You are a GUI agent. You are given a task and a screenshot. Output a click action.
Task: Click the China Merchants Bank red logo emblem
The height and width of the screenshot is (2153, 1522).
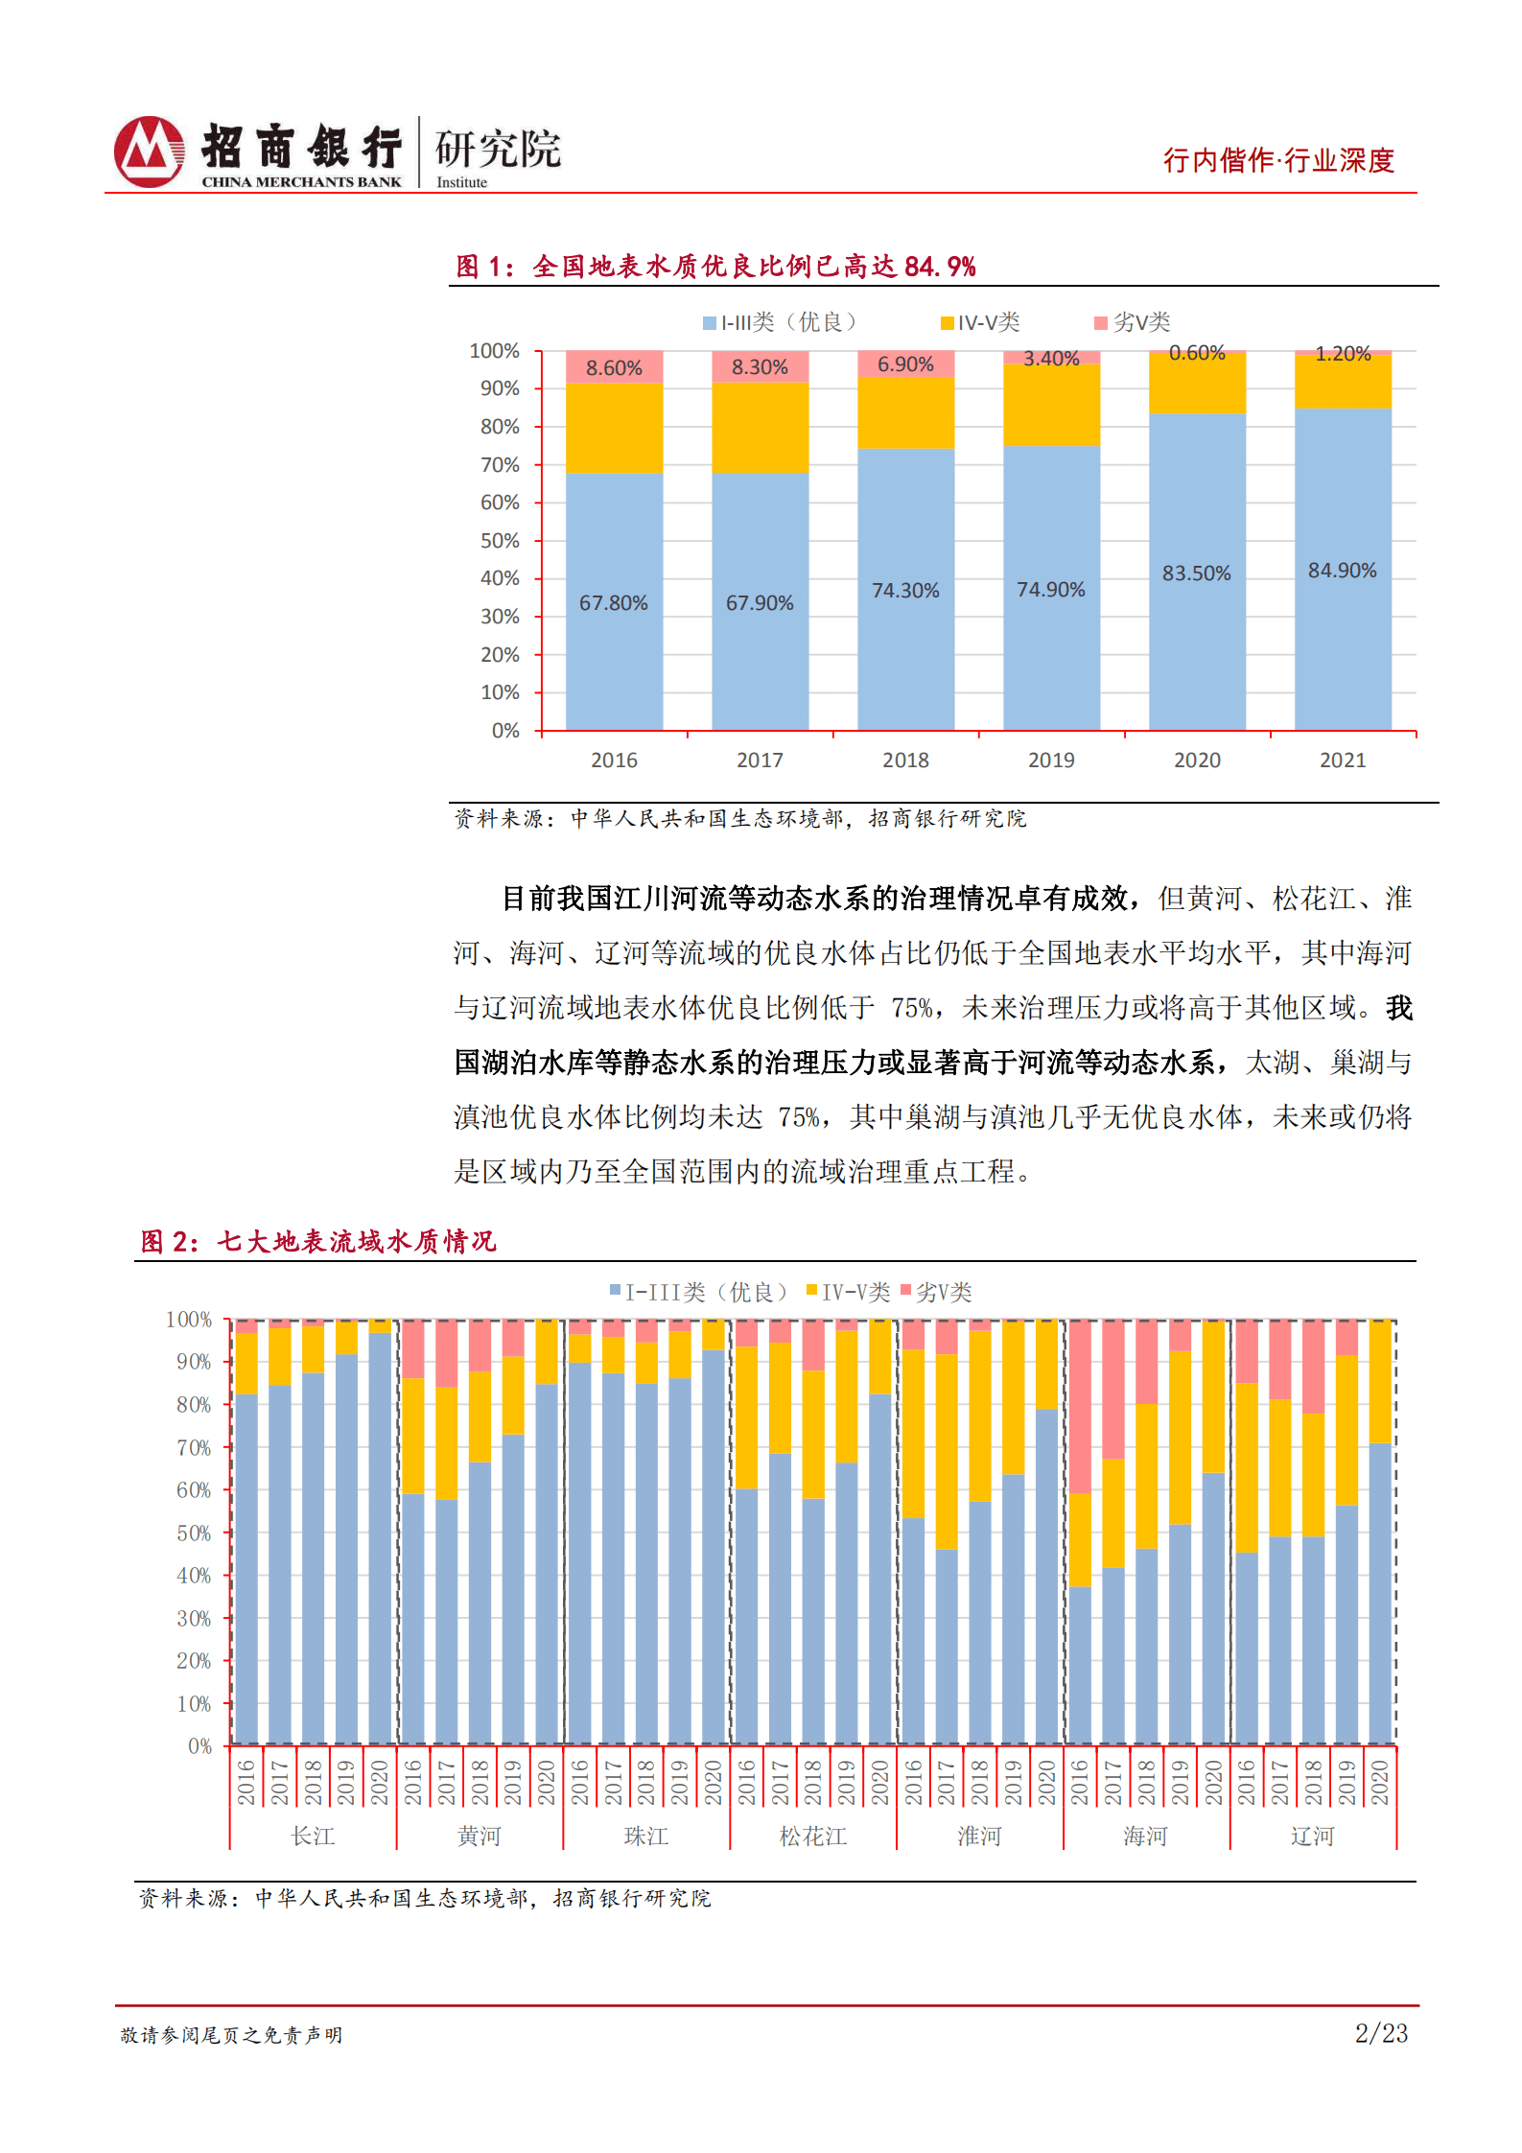(149, 152)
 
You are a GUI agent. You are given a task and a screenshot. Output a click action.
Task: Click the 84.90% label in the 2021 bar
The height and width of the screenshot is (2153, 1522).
(1342, 571)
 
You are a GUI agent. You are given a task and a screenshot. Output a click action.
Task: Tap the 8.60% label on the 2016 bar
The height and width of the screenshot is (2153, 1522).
(614, 368)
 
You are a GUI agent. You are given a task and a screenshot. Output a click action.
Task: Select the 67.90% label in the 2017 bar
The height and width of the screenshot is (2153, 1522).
(760, 603)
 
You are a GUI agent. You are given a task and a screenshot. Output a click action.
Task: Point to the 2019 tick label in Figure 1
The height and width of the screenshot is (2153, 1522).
(1051, 761)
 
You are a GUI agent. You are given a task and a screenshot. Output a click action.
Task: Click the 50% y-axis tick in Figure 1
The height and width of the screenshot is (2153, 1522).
(500, 541)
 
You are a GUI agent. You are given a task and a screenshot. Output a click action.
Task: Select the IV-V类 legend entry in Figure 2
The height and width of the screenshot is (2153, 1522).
(849, 1293)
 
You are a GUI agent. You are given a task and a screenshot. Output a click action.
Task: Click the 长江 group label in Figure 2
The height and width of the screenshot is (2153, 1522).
(313, 1837)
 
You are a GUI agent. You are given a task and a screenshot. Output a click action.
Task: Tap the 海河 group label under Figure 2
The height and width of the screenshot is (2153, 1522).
(1146, 1837)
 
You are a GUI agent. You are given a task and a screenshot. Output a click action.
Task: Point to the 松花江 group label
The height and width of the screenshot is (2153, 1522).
(813, 1837)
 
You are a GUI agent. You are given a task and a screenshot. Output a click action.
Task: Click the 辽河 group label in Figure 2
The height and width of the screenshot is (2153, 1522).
(1313, 1837)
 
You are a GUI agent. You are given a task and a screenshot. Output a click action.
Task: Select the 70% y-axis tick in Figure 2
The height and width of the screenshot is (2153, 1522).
(194, 1448)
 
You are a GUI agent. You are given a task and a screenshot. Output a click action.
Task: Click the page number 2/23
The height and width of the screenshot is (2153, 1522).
(1381, 2033)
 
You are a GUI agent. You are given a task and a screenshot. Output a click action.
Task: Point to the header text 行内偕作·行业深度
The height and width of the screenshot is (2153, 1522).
(1278, 160)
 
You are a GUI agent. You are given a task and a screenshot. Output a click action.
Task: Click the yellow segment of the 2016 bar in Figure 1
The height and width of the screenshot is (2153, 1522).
(614, 428)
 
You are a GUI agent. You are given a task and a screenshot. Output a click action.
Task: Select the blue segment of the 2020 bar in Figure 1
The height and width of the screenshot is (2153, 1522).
(1197, 623)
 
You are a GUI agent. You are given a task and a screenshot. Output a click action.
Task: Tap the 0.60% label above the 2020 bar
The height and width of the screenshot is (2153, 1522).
(1197, 353)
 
